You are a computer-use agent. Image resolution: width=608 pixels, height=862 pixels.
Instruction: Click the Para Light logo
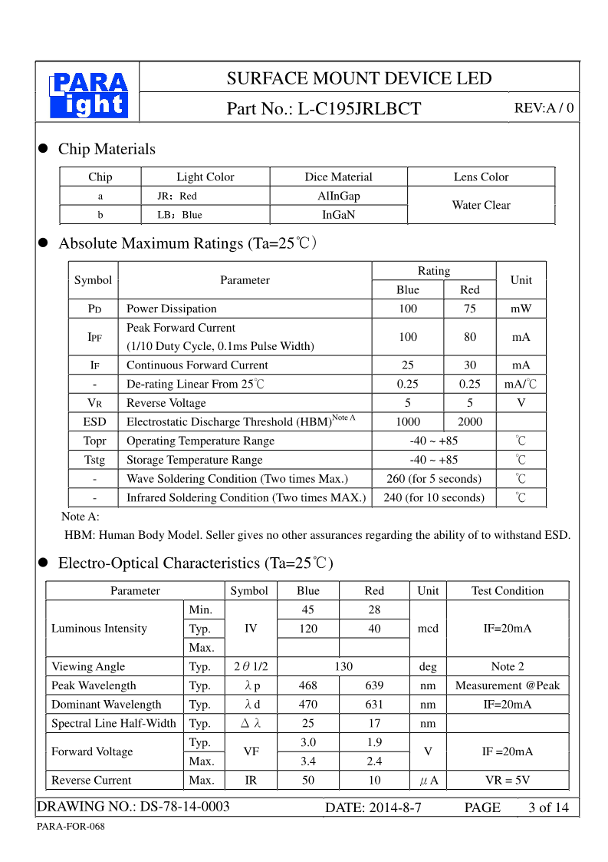coord(88,95)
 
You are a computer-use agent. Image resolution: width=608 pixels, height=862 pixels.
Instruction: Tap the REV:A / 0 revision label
coord(544,108)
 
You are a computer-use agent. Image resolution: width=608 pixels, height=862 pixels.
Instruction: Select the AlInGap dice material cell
coord(339,196)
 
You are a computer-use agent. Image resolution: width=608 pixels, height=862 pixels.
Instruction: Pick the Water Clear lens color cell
coord(481,205)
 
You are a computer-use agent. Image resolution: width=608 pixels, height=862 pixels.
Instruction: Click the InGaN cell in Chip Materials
coord(339,215)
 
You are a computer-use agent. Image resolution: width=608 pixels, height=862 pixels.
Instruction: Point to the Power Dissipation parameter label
coord(172,309)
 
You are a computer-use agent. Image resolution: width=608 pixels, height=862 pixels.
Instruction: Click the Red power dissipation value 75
coord(469,309)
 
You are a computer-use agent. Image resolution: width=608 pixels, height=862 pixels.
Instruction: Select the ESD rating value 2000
coord(469,421)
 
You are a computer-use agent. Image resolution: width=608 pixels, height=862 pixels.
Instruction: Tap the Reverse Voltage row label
coord(166,403)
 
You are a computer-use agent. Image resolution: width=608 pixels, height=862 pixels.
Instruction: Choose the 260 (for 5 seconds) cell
coord(434,479)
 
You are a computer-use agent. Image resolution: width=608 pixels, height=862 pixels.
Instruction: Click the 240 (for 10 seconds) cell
coord(434,497)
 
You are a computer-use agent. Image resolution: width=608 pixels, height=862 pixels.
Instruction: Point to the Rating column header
coord(434,271)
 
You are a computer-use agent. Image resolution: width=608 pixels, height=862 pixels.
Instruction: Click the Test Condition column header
coord(508,590)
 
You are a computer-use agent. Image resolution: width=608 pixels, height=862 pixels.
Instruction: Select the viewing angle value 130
coord(343,666)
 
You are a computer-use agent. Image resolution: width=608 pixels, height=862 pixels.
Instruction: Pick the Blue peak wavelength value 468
coord(308,685)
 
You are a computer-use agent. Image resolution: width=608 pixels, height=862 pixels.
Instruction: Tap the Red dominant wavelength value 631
coord(374,705)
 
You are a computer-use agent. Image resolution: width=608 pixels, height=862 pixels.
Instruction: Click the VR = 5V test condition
coord(508,780)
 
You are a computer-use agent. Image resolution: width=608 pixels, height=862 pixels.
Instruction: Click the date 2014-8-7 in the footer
coord(373,808)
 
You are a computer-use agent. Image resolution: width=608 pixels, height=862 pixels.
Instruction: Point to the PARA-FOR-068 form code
coord(71,827)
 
